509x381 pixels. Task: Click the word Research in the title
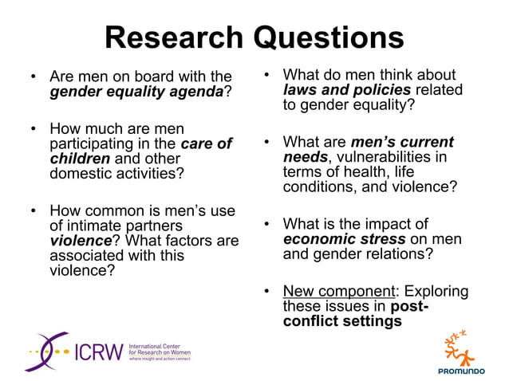click(x=174, y=37)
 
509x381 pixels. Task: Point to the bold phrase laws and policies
click(x=347, y=89)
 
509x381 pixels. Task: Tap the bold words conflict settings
click(x=341, y=321)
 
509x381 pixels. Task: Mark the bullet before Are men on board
click(x=33, y=78)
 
